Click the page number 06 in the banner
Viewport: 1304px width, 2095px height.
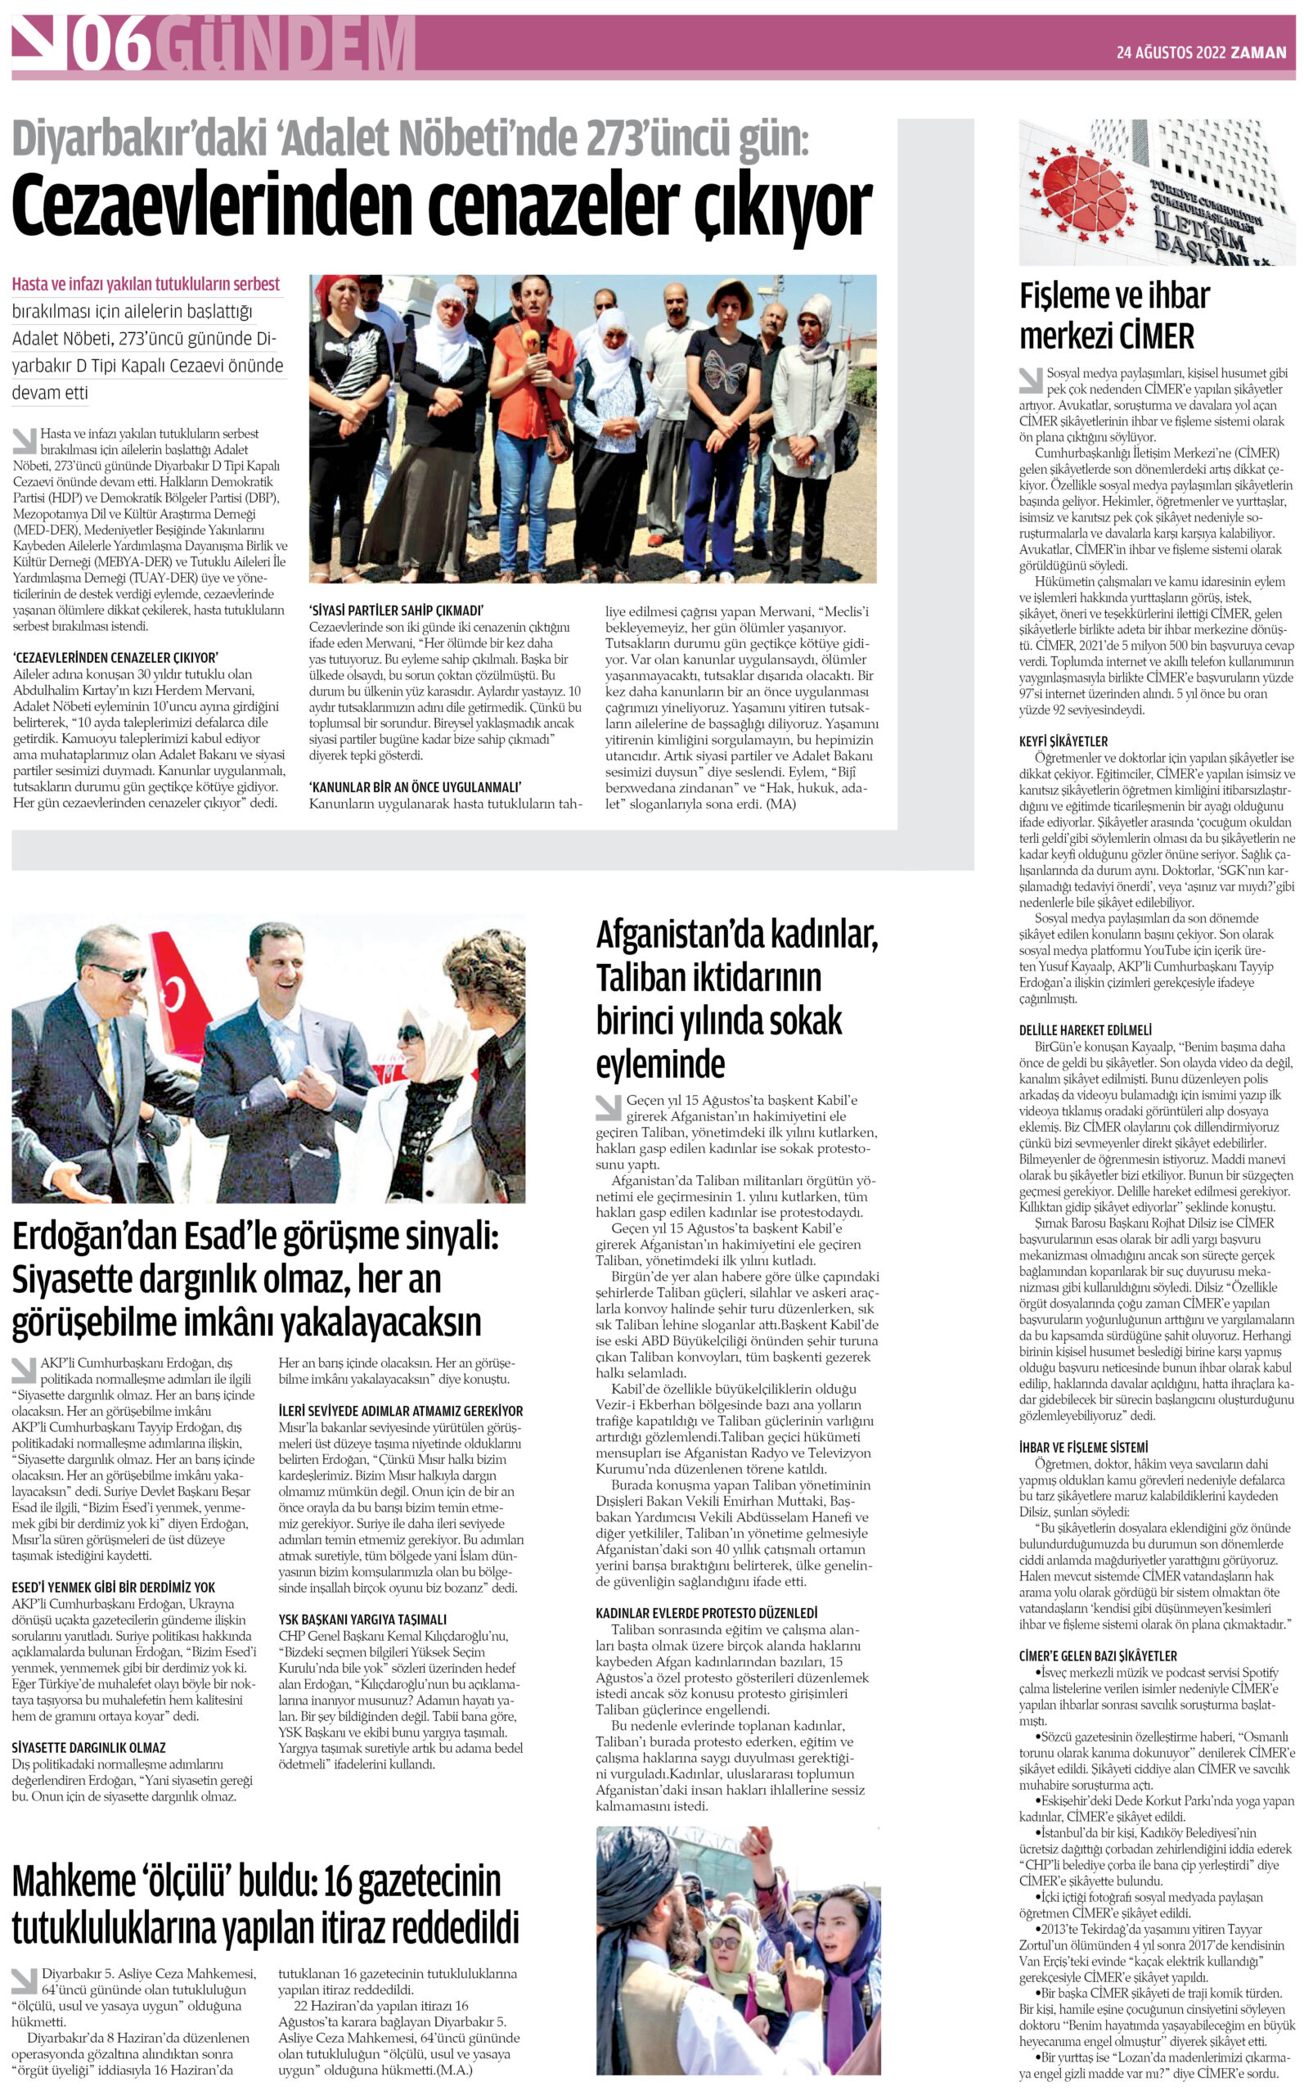coord(111,45)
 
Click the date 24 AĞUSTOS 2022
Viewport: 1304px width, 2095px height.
coord(1171,52)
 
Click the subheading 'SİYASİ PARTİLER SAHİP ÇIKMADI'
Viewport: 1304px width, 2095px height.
coord(396,610)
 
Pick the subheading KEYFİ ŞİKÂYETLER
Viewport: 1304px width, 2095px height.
coord(1063,741)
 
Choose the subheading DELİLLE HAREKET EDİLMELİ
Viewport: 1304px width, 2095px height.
coord(1086,1029)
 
